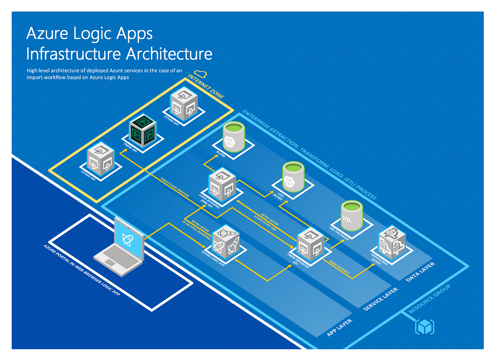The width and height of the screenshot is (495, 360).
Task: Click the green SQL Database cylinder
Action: coord(351,215)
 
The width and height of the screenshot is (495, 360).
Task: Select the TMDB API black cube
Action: coord(142,130)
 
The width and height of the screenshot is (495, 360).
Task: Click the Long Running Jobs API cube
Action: coord(222,186)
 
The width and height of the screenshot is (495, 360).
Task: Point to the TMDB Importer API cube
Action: coord(310,244)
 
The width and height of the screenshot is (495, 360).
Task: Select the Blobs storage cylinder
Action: coord(234,137)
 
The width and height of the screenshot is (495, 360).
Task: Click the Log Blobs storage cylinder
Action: coord(293,177)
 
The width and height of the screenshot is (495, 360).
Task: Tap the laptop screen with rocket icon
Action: coord(129,239)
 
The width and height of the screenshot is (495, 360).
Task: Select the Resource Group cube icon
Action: coord(424,327)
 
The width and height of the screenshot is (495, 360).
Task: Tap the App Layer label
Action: coord(339,327)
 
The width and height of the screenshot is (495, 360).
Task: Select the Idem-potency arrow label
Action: coord(339,267)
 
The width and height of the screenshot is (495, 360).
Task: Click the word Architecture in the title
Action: coord(169,54)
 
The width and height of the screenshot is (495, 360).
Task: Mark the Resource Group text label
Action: coord(429,299)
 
